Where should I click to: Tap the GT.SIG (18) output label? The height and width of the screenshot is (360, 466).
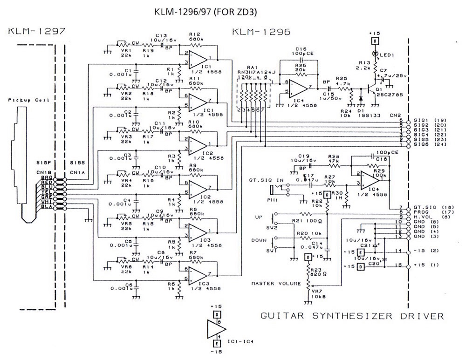(431, 208)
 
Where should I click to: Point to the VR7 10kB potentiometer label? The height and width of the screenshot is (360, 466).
(320, 293)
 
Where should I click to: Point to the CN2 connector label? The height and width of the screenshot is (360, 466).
(396, 114)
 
